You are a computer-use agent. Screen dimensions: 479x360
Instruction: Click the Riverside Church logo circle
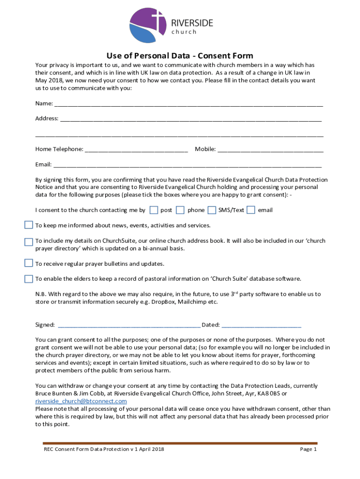tap(147, 26)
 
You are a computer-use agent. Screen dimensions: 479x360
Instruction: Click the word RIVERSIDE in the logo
tap(192, 23)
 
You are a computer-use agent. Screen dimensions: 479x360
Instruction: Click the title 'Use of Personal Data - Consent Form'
tap(180, 56)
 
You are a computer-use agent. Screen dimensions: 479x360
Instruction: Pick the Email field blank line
tap(187, 165)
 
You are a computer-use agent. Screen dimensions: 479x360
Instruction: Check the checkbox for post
tap(153, 210)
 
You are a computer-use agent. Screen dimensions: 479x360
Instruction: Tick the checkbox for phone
tap(180, 210)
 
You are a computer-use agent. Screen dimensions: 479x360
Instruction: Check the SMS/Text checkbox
tap(212, 210)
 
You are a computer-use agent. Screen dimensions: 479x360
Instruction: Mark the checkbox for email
tap(251, 210)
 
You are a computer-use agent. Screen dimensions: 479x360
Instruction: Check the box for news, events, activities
tap(29, 225)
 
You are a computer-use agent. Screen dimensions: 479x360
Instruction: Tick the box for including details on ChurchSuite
tap(29, 241)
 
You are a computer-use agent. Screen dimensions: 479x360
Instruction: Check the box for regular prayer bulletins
tap(29, 263)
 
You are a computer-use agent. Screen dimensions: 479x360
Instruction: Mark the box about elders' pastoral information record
tap(29, 279)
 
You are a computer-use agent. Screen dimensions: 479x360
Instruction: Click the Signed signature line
tap(128, 326)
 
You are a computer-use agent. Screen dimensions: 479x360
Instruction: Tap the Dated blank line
tap(261, 326)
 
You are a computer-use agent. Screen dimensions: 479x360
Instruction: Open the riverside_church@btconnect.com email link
tap(81, 401)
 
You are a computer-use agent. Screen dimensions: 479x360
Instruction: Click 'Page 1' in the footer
tap(308, 450)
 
